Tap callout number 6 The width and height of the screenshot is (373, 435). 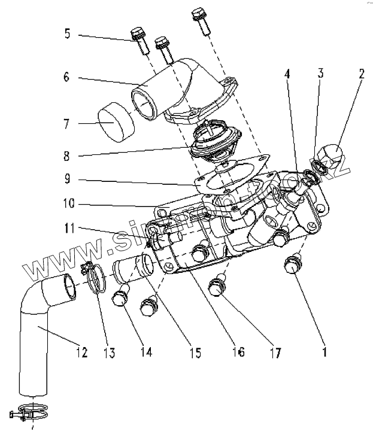[66, 77]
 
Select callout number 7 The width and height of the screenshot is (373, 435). [66, 124]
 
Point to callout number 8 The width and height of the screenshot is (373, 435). [66, 157]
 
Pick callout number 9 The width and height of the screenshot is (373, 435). [66, 179]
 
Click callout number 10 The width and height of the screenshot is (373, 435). [68, 204]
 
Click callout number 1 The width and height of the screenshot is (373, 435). [323, 352]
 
